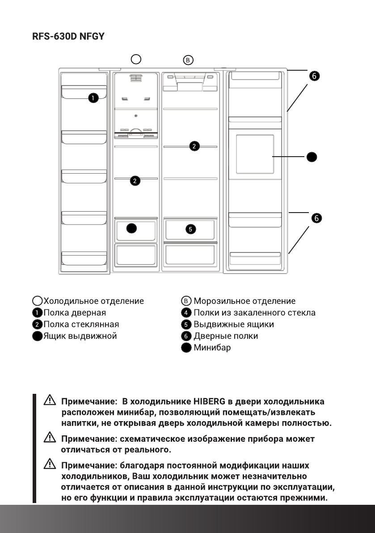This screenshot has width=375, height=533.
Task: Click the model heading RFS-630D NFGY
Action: coord(68,37)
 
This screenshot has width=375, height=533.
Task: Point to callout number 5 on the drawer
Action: coord(190,229)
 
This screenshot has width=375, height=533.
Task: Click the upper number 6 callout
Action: coord(315,77)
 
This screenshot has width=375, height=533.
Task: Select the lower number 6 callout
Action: coord(316,218)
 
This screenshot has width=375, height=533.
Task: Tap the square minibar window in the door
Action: coord(254,154)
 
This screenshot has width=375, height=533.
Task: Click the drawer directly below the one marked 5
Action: coord(190,255)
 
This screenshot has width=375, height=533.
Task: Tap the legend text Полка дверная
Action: coord(75,313)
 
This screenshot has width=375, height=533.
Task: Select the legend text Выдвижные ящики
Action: coord(233,324)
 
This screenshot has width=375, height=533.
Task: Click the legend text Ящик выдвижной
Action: coord(80,336)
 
